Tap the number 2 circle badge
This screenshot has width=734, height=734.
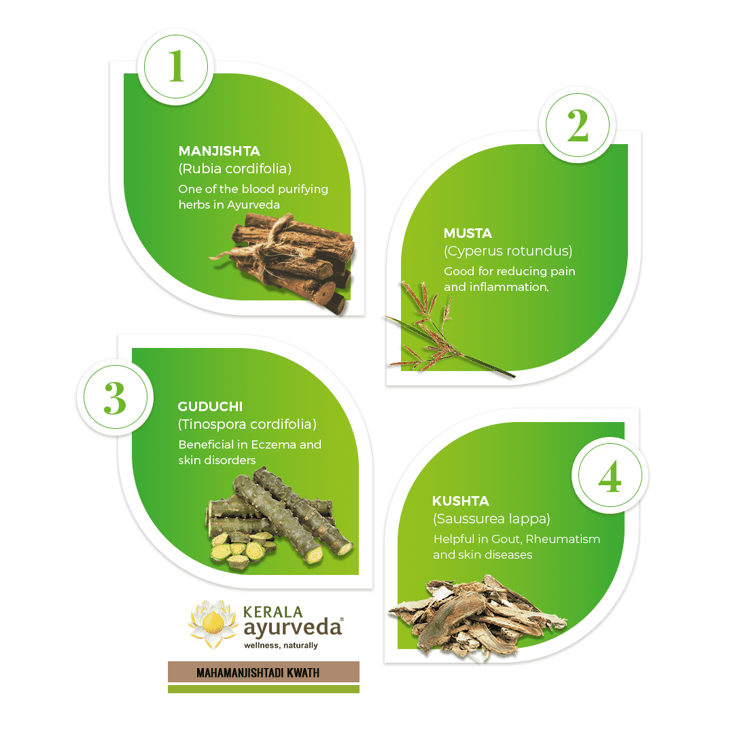pyautogui.click(x=577, y=127)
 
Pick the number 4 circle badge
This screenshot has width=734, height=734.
pyautogui.click(x=610, y=478)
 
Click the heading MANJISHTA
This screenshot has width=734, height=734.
pyautogui.click(x=219, y=151)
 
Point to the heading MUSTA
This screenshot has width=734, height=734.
pyautogui.click(x=468, y=233)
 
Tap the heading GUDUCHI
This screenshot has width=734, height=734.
pyautogui.click(x=210, y=406)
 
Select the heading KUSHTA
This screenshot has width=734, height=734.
pyautogui.click(x=460, y=501)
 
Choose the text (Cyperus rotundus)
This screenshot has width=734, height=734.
pyautogui.click(x=508, y=251)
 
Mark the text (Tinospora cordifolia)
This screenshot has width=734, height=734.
pyautogui.click(x=247, y=425)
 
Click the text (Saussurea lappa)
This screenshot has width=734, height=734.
pyautogui.click(x=491, y=519)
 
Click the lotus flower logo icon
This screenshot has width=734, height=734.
pyautogui.click(x=213, y=623)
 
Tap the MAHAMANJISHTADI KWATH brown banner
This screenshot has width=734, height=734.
pyautogui.click(x=263, y=672)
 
